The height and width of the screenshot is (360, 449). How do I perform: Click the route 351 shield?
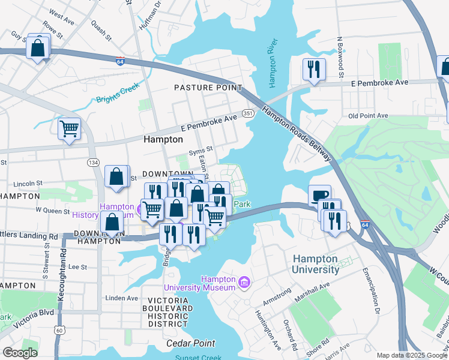click(248, 112)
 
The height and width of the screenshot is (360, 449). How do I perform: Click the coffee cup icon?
click(319, 195)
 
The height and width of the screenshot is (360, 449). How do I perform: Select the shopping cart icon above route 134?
click(69, 128)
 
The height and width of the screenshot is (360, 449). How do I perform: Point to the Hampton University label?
click(316, 264)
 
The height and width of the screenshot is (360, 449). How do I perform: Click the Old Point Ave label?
click(368, 115)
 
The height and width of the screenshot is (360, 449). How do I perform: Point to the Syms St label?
click(201, 149)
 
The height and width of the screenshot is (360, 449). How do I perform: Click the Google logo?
click(20, 353)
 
